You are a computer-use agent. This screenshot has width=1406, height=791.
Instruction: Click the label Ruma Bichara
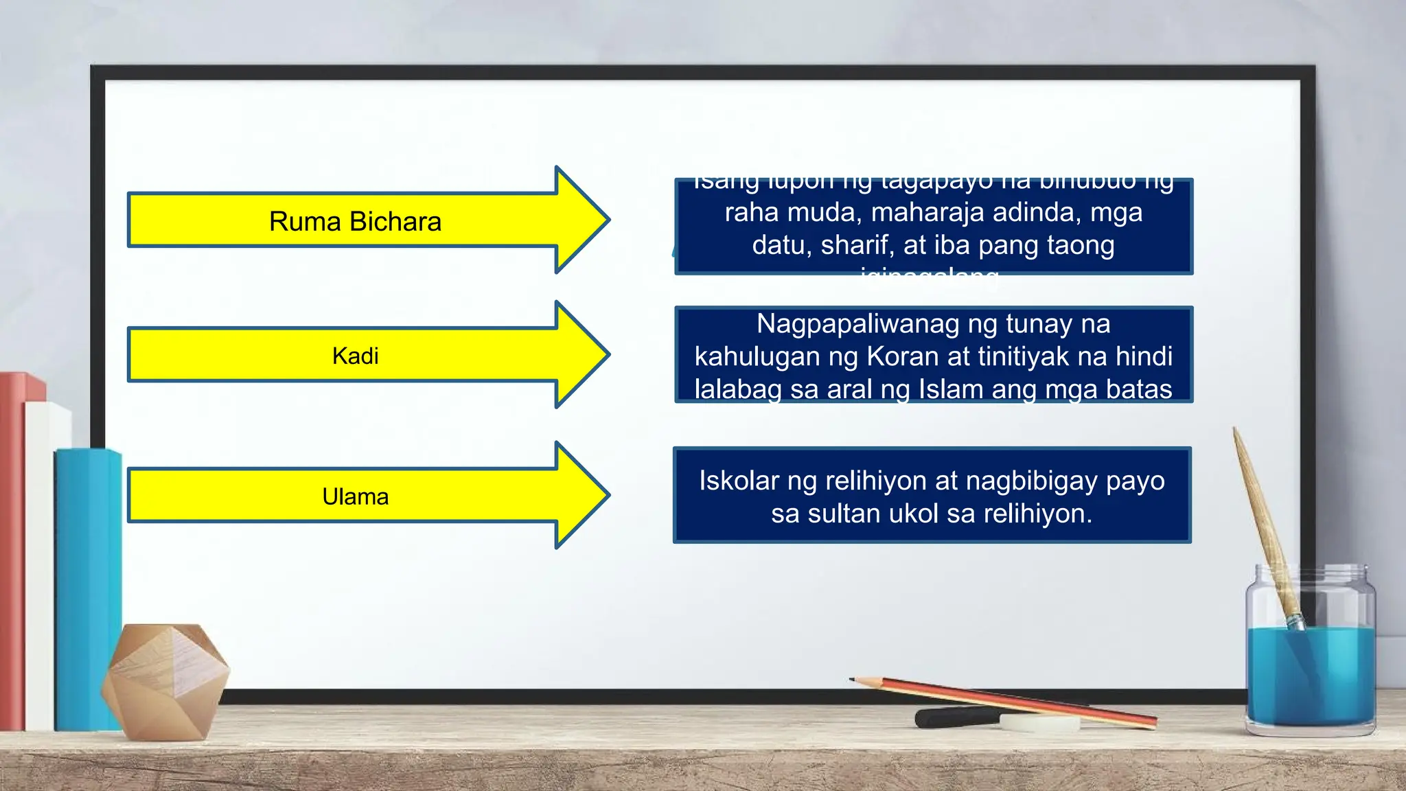355,222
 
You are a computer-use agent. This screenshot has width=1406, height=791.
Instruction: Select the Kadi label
355,356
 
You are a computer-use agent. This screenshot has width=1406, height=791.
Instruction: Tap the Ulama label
355,496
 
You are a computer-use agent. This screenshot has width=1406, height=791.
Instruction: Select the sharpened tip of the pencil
853,679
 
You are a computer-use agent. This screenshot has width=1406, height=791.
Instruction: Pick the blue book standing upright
87,591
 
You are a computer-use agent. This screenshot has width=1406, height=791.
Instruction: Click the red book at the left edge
12,549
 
